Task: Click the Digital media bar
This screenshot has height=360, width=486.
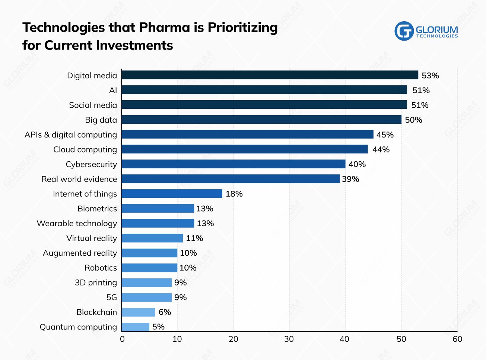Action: pyautogui.click(x=270, y=75)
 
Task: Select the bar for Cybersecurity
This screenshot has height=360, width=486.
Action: pyautogui.click(x=234, y=164)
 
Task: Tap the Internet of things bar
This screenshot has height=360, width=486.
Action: pyautogui.click(x=172, y=194)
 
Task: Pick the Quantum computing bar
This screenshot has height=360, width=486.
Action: pyautogui.click(x=136, y=327)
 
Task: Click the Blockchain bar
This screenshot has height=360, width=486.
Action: pyautogui.click(x=138, y=312)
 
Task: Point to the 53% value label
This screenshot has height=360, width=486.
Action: pyautogui.click(x=430, y=76)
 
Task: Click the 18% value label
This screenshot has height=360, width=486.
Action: pyautogui.click(x=234, y=194)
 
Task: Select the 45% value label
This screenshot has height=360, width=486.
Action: pyautogui.click(x=385, y=135)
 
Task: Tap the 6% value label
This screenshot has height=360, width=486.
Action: pyautogui.click(x=165, y=312)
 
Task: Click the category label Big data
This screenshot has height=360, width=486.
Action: pyautogui.click(x=101, y=120)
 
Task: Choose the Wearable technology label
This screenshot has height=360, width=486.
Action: pyautogui.click(x=77, y=224)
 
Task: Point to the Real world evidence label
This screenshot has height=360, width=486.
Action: pyautogui.click(x=79, y=179)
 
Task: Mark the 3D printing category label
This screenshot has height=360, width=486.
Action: pyautogui.click(x=96, y=282)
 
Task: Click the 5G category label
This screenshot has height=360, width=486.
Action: pyautogui.click(x=111, y=297)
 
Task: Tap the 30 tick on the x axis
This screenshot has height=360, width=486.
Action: pyautogui.click(x=289, y=339)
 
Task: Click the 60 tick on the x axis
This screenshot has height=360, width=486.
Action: pyautogui.click(x=457, y=339)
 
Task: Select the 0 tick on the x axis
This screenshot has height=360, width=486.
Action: pyautogui.click(x=122, y=339)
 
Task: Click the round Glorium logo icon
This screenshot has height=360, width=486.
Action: pyautogui.click(x=404, y=31)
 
